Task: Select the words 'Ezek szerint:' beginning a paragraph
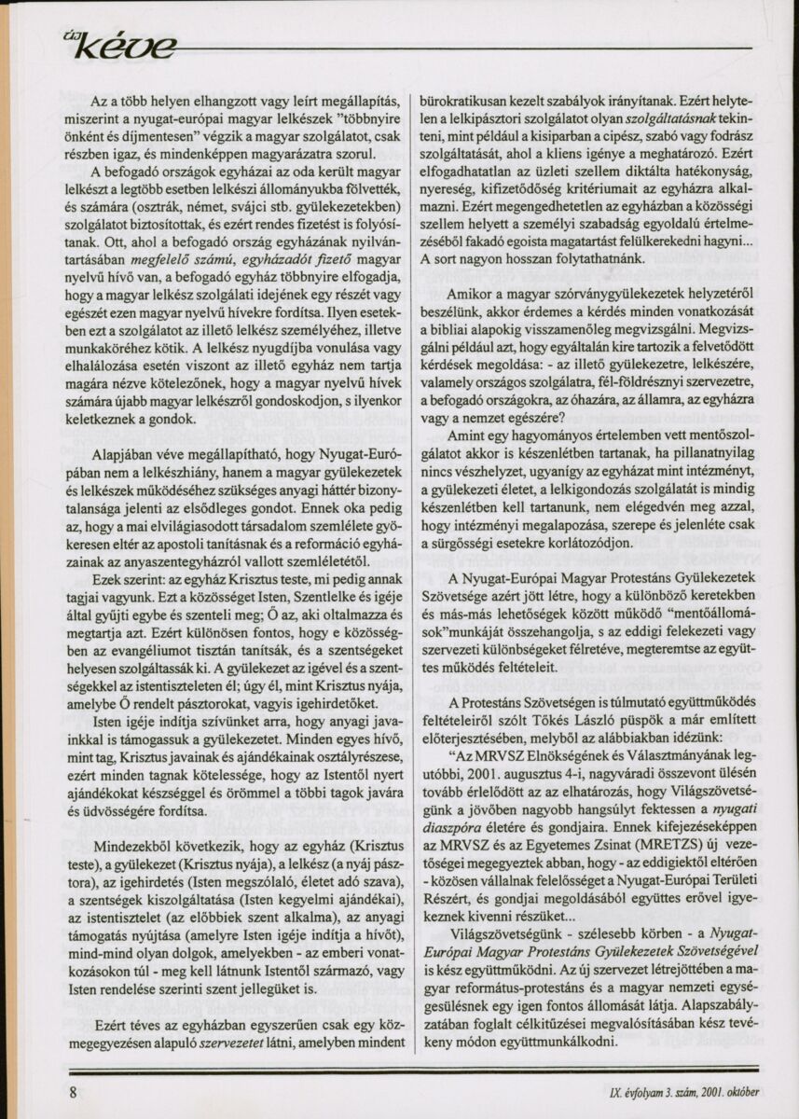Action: [x=128, y=576]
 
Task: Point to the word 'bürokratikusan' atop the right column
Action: [x=468, y=100]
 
